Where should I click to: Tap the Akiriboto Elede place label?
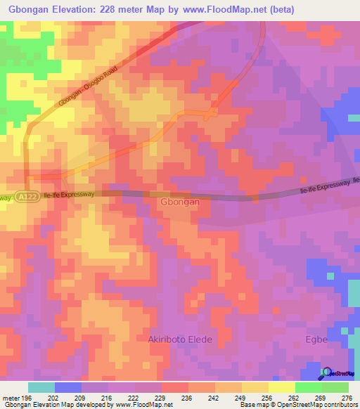[x=179, y=339]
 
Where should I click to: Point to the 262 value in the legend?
[x=290, y=397]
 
